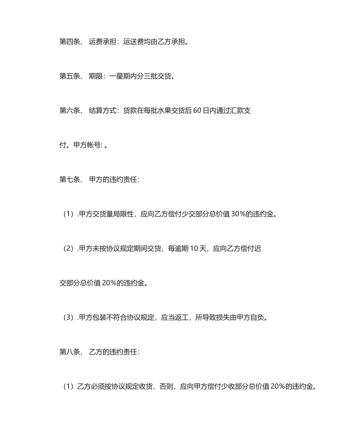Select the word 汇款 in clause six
tap(236, 111)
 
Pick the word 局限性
tap(123, 214)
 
